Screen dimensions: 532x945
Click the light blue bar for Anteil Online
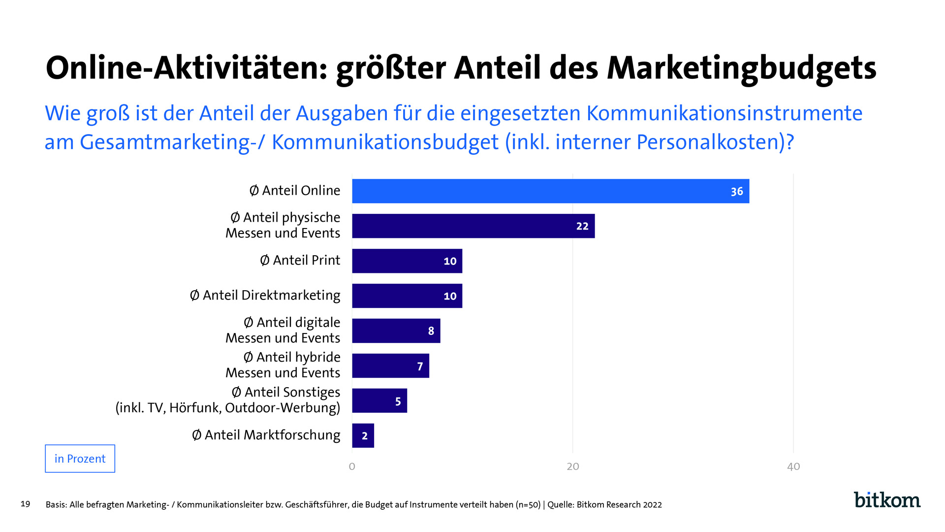tap(550, 191)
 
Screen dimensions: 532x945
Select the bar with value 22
tap(473, 226)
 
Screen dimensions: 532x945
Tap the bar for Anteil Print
tap(407, 261)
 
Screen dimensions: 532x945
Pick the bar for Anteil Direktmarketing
tap(407, 296)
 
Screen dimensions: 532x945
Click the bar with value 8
tap(396, 331)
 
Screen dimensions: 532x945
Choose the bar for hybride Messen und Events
tap(390, 366)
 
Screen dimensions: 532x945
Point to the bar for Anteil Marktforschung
tap(363, 435)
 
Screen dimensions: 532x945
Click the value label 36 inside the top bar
tap(736, 192)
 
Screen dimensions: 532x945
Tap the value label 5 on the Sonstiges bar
tap(398, 401)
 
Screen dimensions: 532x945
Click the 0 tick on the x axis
tap(352, 466)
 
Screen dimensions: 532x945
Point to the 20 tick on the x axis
tap(573, 466)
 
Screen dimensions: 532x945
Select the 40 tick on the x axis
tap(793, 466)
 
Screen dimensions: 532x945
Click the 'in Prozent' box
tap(80, 459)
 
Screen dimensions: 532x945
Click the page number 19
tap(26, 504)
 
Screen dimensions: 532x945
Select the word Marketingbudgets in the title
tap(742, 68)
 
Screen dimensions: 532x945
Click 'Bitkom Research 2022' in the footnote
tap(619, 504)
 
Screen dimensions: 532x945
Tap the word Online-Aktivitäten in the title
tap(186, 68)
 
